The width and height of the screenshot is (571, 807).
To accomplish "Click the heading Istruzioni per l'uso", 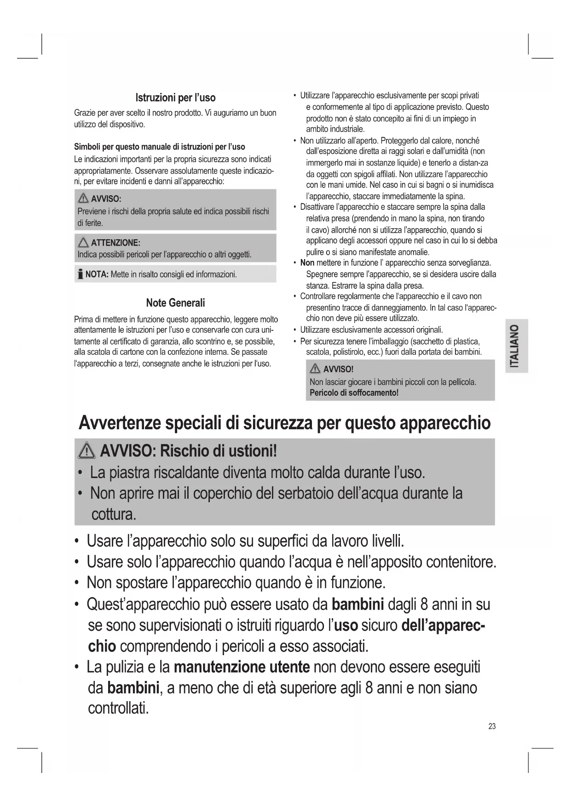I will [x=175, y=98].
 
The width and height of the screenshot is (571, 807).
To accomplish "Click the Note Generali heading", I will [x=175, y=303].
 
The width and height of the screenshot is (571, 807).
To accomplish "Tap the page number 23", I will [x=492, y=726].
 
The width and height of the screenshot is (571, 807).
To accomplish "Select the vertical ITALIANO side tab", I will [x=516, y=346].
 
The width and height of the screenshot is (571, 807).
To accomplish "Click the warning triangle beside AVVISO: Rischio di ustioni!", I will [x=87, y=451].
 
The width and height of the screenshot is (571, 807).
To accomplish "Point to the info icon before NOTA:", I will [x=81, y=275].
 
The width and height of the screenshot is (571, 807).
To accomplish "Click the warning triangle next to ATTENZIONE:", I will [x=83, y=242].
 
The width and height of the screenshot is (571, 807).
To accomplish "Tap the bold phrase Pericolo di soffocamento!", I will [x=354, y=393].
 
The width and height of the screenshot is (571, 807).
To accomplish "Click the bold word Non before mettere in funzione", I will [x=307, y=263].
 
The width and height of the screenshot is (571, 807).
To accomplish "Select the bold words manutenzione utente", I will [x=242, y=667].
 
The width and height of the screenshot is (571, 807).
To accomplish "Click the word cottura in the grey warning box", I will [x=113, y=514].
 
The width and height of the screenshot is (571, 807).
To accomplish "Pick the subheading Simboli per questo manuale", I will [x=160, y=147].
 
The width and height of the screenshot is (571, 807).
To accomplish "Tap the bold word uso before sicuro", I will [x=346, y=625].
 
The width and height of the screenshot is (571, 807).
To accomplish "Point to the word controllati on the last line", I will [x=118, y=708].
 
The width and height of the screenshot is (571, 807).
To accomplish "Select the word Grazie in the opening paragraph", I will [x=84, y=113].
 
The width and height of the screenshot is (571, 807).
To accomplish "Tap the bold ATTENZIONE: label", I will [x=115, y=242].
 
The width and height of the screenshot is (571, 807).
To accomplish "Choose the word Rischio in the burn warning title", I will [x=184, y=451].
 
